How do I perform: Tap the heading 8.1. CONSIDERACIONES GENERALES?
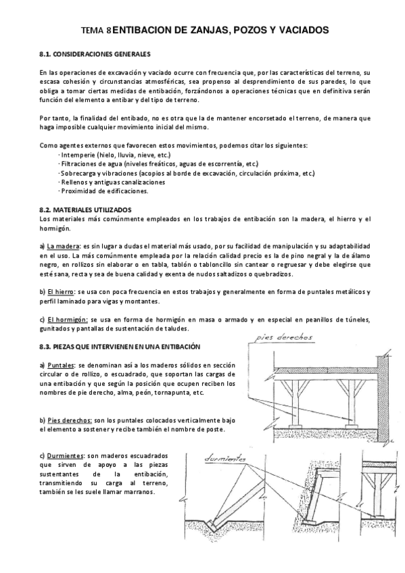click(95, 53)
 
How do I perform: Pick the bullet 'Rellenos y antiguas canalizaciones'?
click(112, 182)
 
